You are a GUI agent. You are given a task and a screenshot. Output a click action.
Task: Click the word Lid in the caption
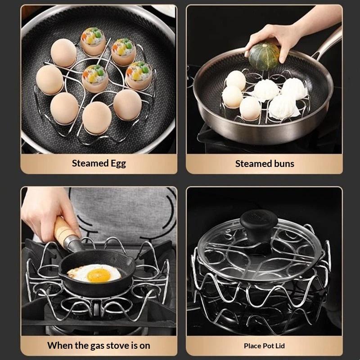[280, 346]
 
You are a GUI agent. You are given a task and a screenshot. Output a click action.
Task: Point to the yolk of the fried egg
[99, 275]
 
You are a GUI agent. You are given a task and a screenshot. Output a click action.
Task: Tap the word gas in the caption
[97, 346]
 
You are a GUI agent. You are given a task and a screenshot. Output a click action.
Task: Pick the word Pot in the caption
[268, 346]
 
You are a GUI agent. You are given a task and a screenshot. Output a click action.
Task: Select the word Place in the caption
[252, 346]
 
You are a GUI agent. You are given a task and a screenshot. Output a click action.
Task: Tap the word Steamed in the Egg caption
[90, 163]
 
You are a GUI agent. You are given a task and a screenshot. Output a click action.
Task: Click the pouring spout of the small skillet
[132, 262]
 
